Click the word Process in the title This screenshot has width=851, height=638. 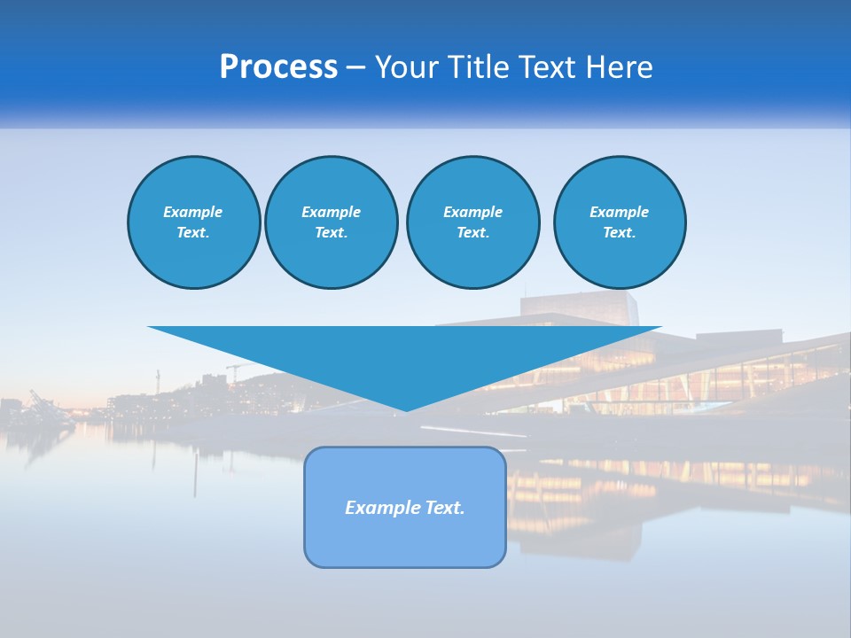click(x=278, y=67)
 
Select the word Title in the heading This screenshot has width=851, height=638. click(x=478, y=67)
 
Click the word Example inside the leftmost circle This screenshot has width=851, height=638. click(x=193, y=212)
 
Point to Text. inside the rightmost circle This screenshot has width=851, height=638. click(x=619, y=232)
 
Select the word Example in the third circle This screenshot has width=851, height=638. click(x=472, y=212)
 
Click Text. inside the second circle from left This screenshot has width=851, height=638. click(x=331, y=232)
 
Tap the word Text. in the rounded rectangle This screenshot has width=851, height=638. click(x=445, y=508)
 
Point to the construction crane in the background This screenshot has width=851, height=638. click(x=235, y=369)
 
